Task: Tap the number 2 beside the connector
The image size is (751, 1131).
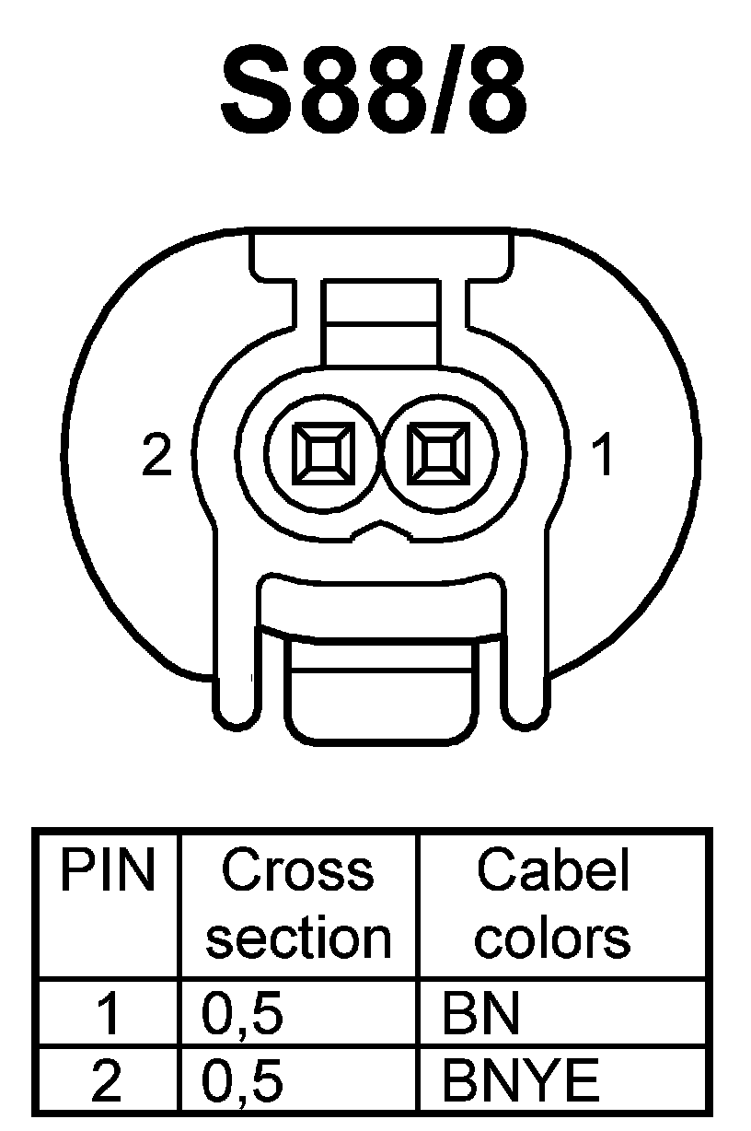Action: click(157, 455)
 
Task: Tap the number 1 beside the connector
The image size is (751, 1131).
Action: click(603, 455)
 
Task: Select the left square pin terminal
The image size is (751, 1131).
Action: click(322, 453)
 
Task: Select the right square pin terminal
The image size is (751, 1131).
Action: click(435, 453)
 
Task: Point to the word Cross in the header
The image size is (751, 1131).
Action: click(297, 870)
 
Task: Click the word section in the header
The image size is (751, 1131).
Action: click(297, 938)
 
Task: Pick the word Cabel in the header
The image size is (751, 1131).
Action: click(552, 870)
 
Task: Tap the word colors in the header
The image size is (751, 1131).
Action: click(552, 938)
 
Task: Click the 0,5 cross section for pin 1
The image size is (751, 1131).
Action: click(241, 1013)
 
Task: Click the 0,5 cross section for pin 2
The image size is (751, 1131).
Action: click(241, 1080)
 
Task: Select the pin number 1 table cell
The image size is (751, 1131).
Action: click(108, 1012)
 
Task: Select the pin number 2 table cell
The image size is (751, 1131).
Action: click(107, 1079)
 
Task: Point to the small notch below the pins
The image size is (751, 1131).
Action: click(378, 529)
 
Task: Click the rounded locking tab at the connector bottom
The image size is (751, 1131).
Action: click(381, 691)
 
